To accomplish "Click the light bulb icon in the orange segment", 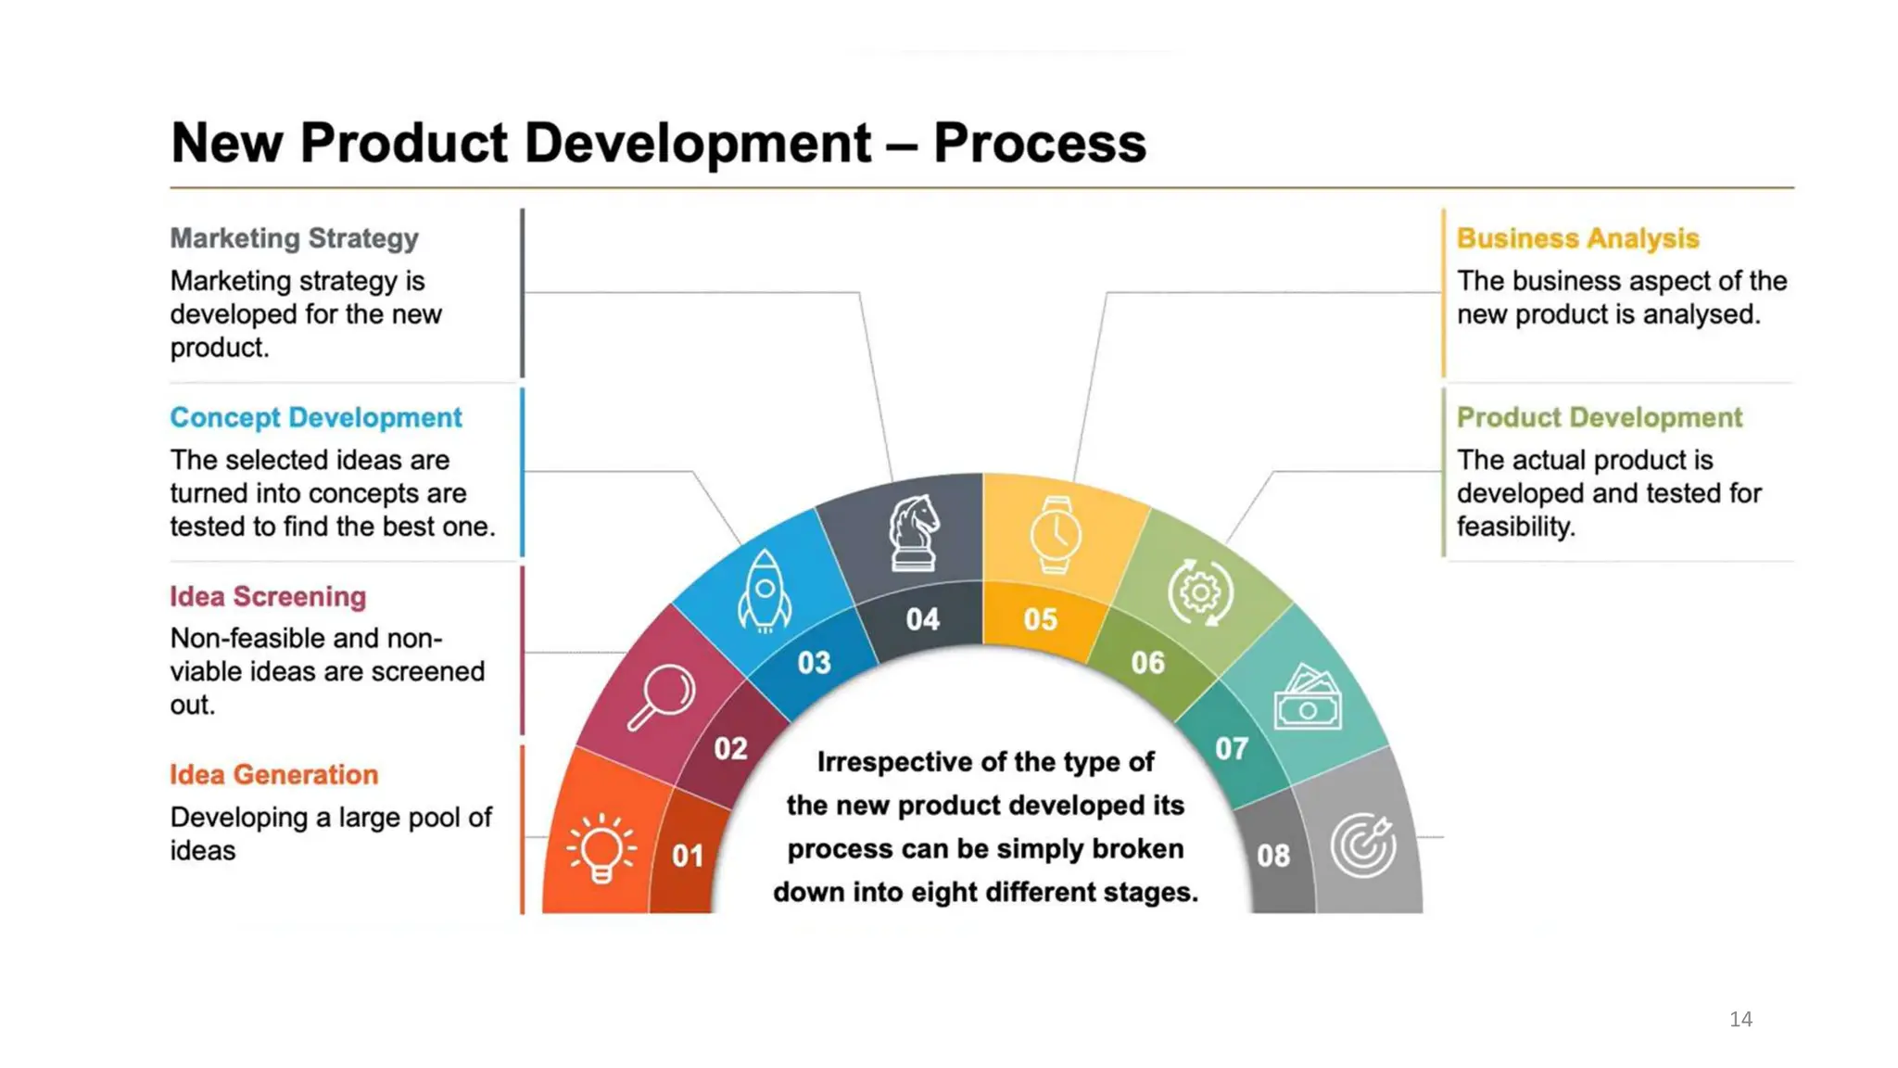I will pyautogui.click(x=601, y=847).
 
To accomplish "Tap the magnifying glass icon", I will pyautogui.click(x=662, y=696).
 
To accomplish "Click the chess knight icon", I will pyautogui.click(x=914, y=533).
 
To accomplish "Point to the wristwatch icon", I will pyautogui.click(x=1055, y=535).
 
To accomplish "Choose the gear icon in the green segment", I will pyautogui.click(x=1200, y=591).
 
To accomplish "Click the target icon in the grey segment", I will pyautogui.click(x=1363, y=844).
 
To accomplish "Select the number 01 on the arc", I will pyautogui.click(x=688, y=855).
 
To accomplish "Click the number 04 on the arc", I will pyautogui.click(x=922, y=618).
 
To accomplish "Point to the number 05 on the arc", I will pyautogui.click(x=1040, y=618).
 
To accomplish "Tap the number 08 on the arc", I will pyautogui.click(x=1272, y=855).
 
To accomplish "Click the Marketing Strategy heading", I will pyautogui.click(x=294, y=238).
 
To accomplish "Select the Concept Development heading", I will pyautogui.click(x=315, y=417).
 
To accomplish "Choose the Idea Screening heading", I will pyautogui.click(x=268, y=596).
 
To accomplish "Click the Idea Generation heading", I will pyautogui.click(x=273, y=774).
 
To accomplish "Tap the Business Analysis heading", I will pyautogui.click(x=1577, y=238).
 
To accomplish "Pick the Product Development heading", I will pyautogui.click(x=1599, y=417).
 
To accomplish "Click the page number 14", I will pyautogui.click(x=1740, y=1019).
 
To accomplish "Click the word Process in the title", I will pyautogui.click(x=1039, y=143).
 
